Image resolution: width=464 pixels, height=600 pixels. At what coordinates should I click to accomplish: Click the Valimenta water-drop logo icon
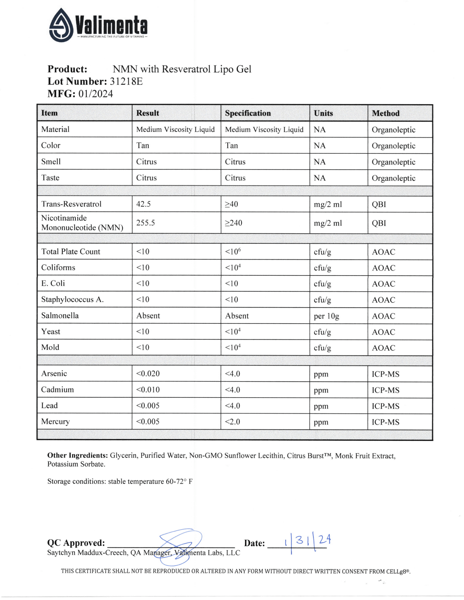tap(61, 25)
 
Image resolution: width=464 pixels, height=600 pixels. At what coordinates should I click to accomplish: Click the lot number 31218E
tap(126, 81)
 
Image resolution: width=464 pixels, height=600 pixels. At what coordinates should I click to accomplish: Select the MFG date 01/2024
tap(96, 94)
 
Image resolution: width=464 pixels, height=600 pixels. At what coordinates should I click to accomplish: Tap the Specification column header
tap(248, 113)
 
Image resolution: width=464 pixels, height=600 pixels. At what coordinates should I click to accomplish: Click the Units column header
tap(323, 113)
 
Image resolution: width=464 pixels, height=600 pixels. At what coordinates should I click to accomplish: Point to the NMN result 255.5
tap(145, 223)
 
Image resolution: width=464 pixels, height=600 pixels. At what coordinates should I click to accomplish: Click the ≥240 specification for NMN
tap(233, 223)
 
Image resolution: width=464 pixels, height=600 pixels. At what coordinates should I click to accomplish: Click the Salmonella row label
tap(60, 315)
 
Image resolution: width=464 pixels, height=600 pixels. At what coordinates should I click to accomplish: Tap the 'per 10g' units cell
tap(326, 316)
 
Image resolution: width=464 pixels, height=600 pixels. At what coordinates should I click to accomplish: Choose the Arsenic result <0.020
tap(148, 374)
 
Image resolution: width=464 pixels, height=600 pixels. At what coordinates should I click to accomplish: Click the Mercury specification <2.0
tap(232, 422)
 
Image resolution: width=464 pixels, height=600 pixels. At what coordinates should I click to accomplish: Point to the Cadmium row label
tap(58, 390)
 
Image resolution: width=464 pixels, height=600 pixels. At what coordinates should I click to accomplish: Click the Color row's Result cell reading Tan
tap(143, 145)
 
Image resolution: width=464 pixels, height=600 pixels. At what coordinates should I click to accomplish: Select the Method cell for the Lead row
tap(385, 406)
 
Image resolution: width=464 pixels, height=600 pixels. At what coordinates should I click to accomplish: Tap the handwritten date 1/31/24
tap(308, 542)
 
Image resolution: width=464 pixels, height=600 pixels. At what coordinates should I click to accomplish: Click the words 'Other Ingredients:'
tap(77, 456)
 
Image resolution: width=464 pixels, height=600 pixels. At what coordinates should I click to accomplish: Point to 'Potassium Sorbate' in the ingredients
tap(76, 464)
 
